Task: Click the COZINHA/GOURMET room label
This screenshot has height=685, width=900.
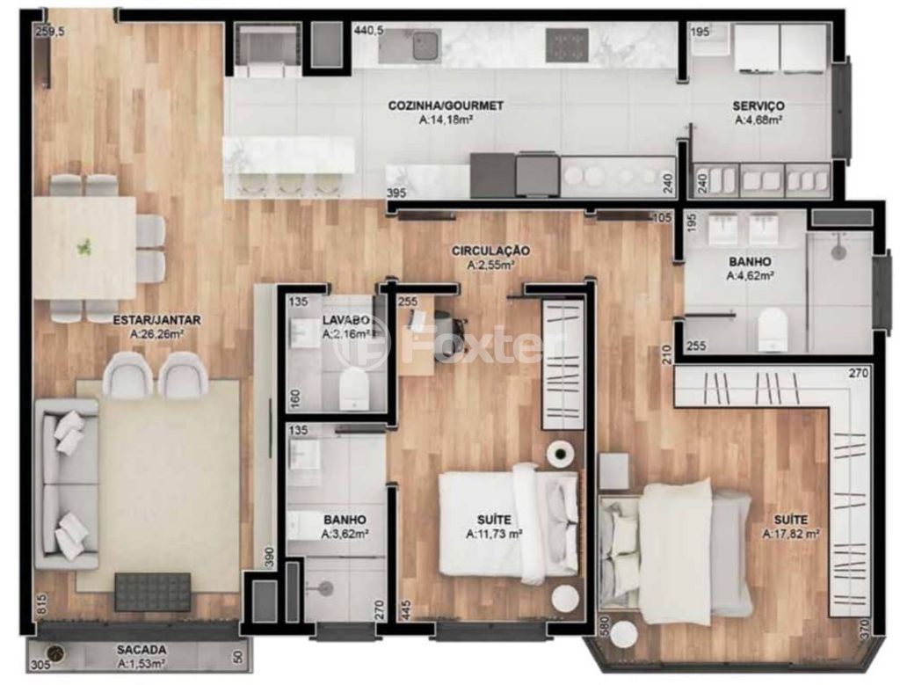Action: [446, 106]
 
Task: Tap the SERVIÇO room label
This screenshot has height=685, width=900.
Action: [758, 106]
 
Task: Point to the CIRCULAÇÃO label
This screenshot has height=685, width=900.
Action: [490, 251]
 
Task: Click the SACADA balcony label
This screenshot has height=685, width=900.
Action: [142, 650]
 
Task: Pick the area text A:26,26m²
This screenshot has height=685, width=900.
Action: [156, 334]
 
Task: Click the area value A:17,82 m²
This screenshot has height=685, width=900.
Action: [790, 534]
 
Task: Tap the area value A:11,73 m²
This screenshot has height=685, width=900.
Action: [494, 534]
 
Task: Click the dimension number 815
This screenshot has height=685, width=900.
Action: [41, 605]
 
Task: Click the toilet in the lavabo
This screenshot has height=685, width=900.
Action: [353, 389]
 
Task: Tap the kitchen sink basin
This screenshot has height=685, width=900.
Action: [425, 44]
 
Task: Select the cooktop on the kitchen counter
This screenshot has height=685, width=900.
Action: [567, 45]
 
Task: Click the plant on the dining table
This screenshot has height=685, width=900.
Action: [84, 247]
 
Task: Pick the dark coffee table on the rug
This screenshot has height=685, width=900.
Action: [152, 592]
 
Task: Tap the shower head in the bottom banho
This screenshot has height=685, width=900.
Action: [326, 587]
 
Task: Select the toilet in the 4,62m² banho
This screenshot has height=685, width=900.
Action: [771, 329]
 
